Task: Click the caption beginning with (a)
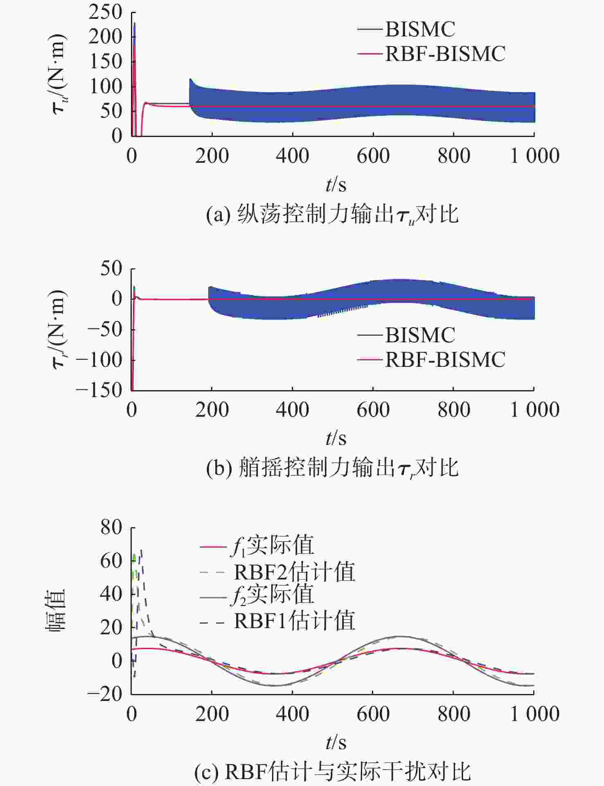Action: coord(332,214)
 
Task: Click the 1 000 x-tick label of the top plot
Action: coord(534,156)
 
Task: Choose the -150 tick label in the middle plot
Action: coord(99,390)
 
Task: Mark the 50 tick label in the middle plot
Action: coord(111,269)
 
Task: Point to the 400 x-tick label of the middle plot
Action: coord(292,410)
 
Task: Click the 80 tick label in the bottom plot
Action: coord(111,528)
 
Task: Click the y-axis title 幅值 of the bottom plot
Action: coord(56,611)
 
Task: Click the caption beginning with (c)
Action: coord(332,772)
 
